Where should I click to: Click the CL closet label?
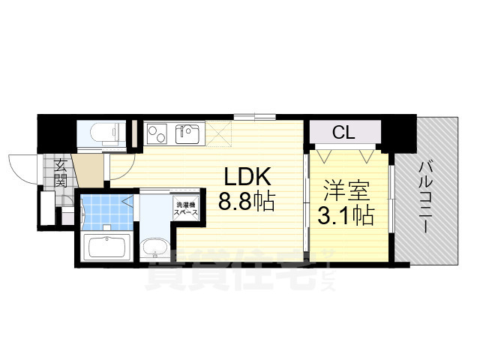point(344,133)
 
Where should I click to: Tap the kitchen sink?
point(187,135)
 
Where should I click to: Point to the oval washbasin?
point(156,247)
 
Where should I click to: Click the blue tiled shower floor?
point(105,212)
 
